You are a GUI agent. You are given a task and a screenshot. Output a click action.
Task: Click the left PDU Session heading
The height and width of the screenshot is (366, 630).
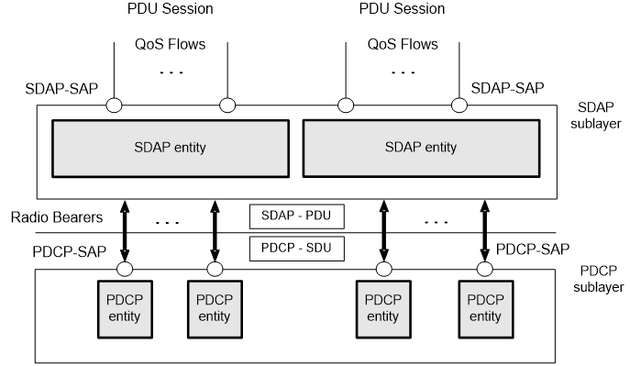coord(171,10)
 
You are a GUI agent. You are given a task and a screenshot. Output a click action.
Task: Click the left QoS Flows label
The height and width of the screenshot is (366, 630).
coord(171,44)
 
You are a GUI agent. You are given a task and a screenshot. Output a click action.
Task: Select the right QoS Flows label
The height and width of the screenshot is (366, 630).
coord(403,44)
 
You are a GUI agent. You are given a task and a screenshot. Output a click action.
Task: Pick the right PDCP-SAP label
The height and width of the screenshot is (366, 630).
coord(533,249)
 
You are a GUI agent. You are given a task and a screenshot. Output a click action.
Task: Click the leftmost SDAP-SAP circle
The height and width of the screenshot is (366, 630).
coord(114,105)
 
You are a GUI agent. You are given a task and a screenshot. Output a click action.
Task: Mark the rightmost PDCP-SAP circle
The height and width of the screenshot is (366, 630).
coord(484,269)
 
